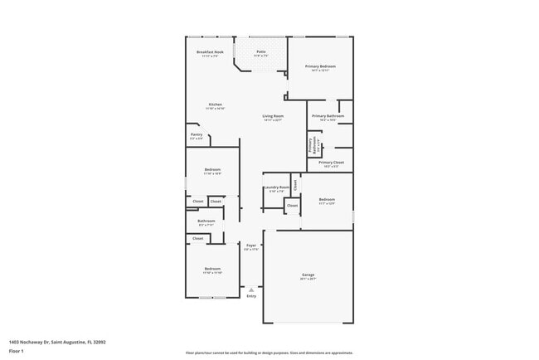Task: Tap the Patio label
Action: pyautogui.click(x=260, y=51)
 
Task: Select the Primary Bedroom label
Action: pyautogui.click(x=320, y=66)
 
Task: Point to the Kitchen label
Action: pyautogui.click(x=215, y=105)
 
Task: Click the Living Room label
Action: pyautogui.click(x=274, y=116)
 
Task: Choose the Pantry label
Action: pyautogui.click(x=197, y=134)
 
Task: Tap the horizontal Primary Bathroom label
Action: pyautogui.click(x=328, y=116)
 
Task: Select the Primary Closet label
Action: pyautogui.click(x=330, y=163)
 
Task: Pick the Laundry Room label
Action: pyautogui.click(x=277, y=187)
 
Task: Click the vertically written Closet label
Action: pyautogui.click(x=294, y=184)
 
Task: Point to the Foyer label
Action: pyautogui.click(x=251, y=246)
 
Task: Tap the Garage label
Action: pyautogui.click(x=308, y=274)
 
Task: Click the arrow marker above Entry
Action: pyautogui.click(x=251, y=289)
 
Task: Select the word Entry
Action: pyautogui.click(x=251, y=296)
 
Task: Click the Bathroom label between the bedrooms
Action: pyautogui.click(x=206, y=221)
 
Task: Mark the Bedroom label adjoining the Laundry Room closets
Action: pyautogui.click(x=327, y=199)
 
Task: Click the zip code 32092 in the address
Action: pyautogui.click(x=100, y=341)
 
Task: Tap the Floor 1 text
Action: pyautogui.click(x=15, y=350)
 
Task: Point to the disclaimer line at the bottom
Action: pyautogui.click(x=269, y=353)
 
